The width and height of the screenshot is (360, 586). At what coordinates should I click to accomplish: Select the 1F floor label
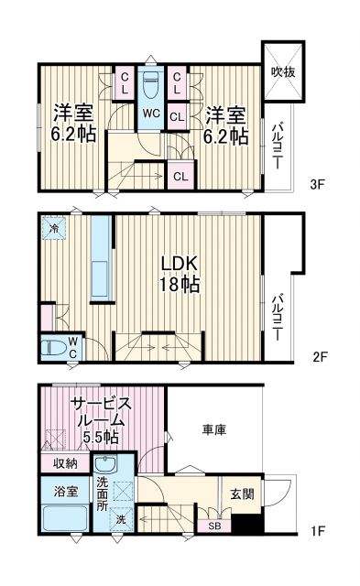tap(317, 529)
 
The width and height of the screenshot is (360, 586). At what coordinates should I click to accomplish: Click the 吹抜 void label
tap(281, 71)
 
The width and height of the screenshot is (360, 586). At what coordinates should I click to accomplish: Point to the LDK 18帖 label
tap(180, 273)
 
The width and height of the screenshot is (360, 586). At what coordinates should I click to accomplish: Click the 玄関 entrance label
tap(242, 495)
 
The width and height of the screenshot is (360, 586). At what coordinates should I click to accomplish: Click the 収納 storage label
tap(64, 463)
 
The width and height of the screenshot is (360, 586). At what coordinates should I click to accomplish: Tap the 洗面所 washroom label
tap(102, 494)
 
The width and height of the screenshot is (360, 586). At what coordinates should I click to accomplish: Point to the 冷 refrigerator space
tap(55, 227)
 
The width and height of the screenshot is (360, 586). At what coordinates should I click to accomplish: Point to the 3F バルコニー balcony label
tap(275, 147)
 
